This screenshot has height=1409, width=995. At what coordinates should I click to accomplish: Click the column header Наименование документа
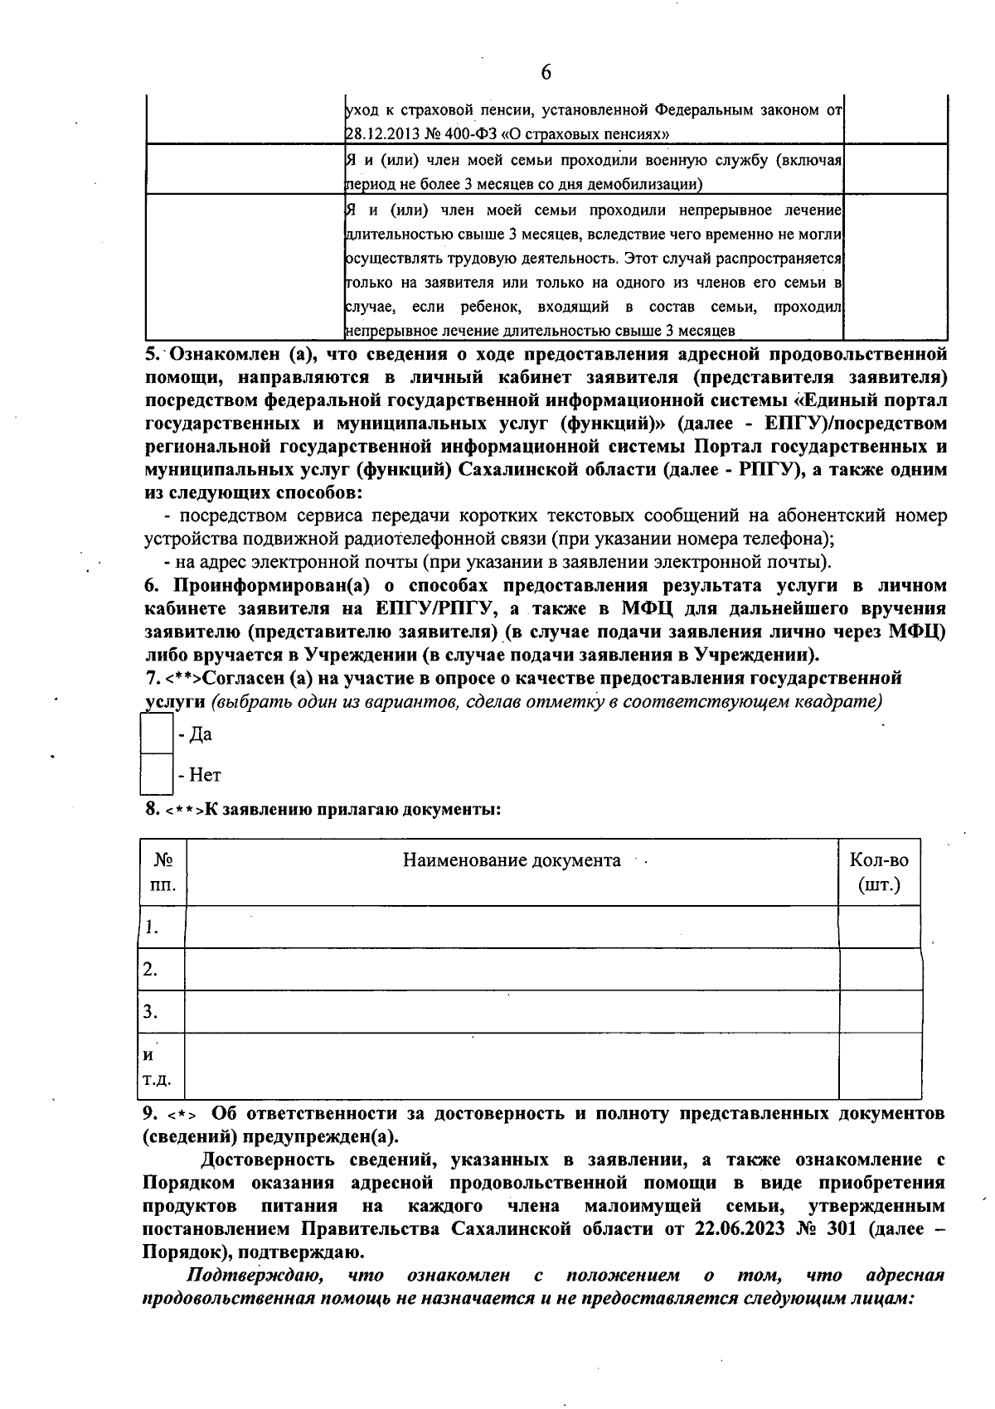click(512, 860)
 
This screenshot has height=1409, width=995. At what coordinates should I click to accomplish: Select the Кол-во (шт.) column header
click(879, 872)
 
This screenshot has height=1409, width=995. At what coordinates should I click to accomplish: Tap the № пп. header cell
click(163, 872)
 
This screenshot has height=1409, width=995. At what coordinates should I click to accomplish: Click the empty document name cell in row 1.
click(512, 927)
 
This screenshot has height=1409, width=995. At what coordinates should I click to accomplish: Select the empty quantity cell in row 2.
click(879, 969)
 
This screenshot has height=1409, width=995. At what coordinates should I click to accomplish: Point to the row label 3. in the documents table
click(151, 1011)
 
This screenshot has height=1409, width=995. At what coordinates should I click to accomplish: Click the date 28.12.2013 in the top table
click(382, 133)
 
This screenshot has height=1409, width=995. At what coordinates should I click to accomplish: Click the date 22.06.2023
click(730, 1228)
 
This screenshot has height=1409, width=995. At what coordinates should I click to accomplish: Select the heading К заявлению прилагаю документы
click(352, 809)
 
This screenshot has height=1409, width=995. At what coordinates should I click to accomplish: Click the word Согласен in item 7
click(243, 679)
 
